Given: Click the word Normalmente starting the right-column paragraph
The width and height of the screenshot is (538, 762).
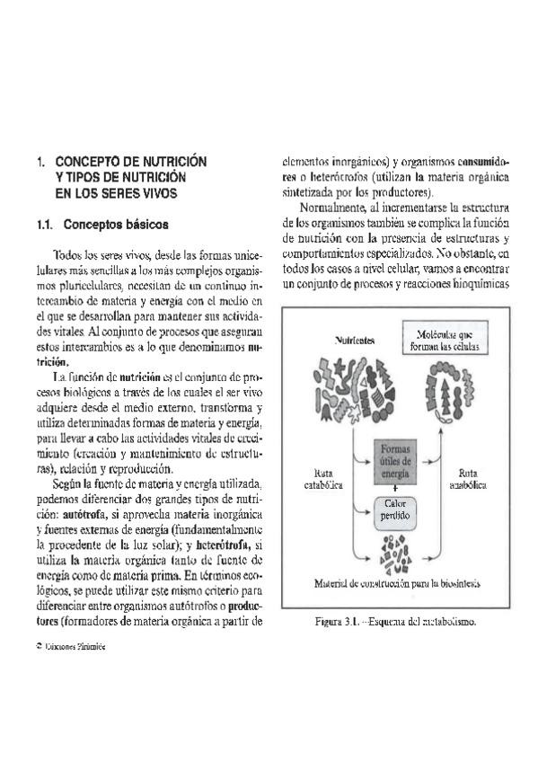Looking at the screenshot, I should click(335, 208).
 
